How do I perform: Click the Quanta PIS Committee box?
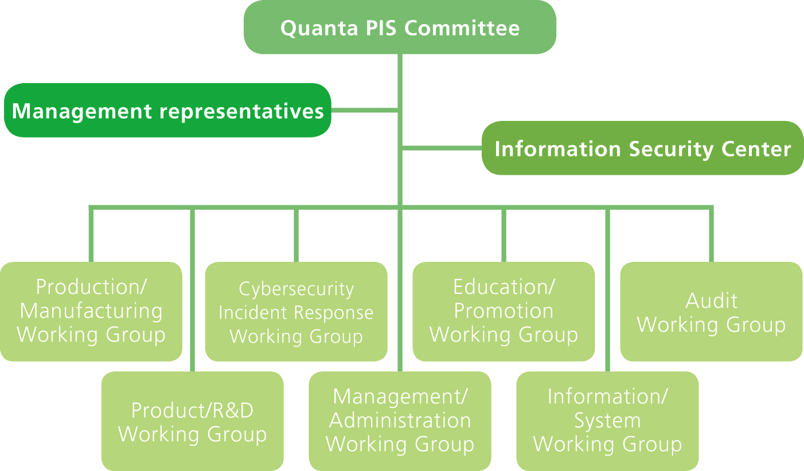pos(400,28)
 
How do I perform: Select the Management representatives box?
pos(167,111)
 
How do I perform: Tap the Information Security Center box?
pos(642,148)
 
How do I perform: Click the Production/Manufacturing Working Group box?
pos(91,311)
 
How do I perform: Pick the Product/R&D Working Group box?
pos(192,422)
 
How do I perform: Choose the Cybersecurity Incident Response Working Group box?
pos(296,312)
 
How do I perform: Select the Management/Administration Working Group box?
pos(400,421)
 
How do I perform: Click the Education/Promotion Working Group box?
pos(504,311)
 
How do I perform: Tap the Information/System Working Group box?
pos(607,421)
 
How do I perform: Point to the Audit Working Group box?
pos(711,312)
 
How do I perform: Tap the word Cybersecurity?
pos(296,289)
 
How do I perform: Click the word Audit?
pos(711,301)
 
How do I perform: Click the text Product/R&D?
pos(192,410)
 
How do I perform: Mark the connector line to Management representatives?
pos(364,109)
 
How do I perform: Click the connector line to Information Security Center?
pos(442,148)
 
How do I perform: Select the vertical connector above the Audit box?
pos(711,235)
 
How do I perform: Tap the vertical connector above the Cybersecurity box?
pos(296,235)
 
